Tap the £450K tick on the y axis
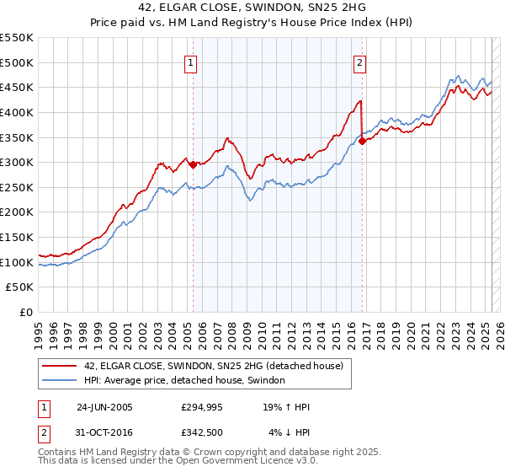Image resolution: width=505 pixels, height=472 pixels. point(17,87)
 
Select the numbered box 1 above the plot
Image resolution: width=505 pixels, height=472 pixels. point(191,62)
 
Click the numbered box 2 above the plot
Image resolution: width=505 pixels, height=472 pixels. point(360,62)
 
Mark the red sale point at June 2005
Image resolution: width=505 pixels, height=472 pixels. point(193,164)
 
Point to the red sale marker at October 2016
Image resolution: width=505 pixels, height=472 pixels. point(362,141)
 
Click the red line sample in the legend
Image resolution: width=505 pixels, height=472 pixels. point(59,366)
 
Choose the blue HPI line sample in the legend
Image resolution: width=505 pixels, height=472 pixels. point(59,381)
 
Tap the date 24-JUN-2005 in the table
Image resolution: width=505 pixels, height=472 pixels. point(104,406)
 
